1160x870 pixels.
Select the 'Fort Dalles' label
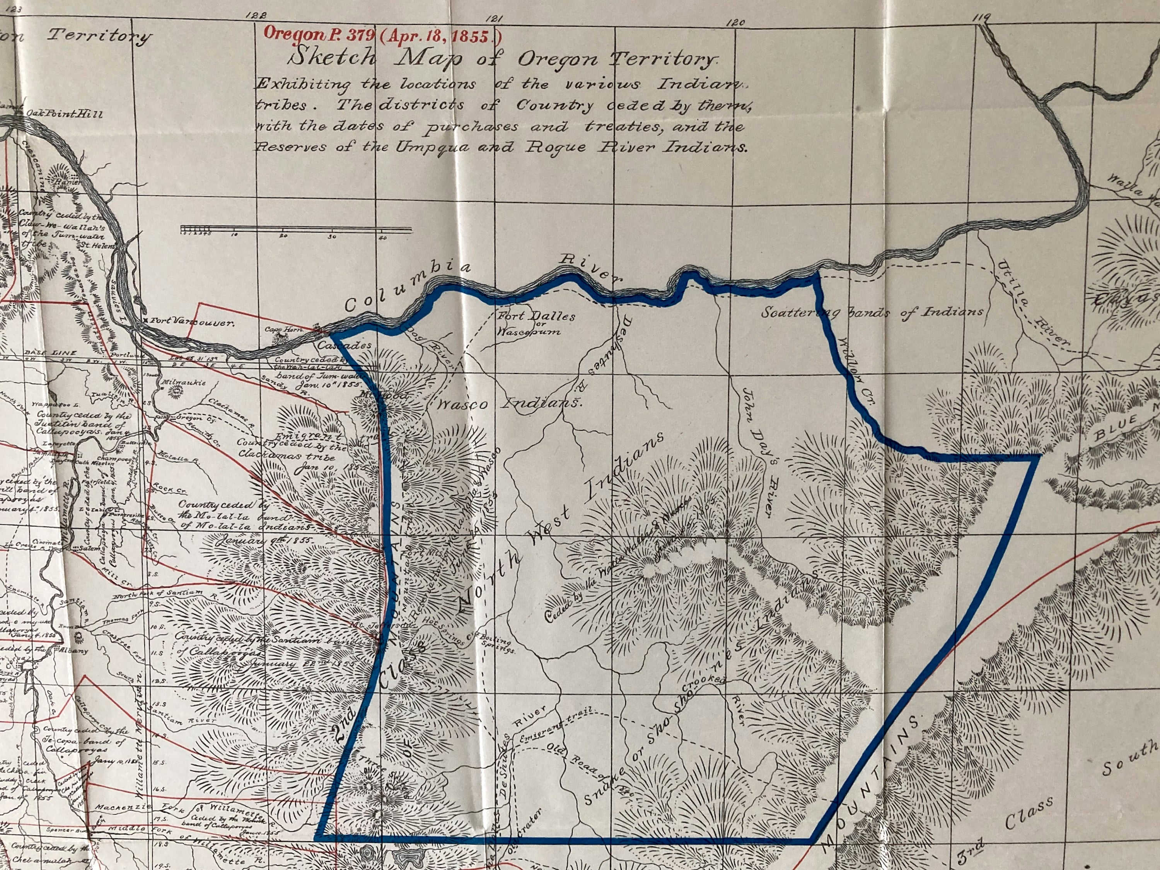coord(536,317)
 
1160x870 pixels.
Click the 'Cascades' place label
coord(345,346)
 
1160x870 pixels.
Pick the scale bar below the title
coord(295,229)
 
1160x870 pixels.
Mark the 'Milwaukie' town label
coord(184,383)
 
